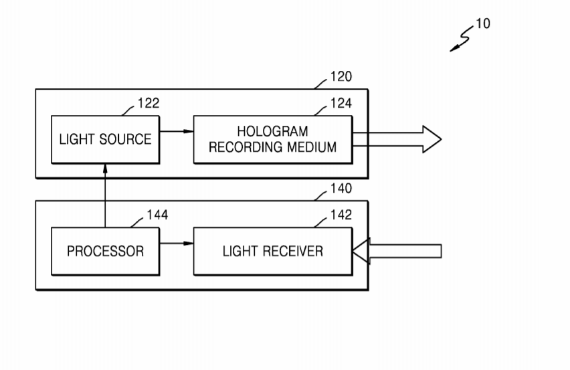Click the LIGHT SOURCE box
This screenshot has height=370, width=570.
(x=105, y=139)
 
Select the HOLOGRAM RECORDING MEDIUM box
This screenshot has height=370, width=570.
(x=272, y=139)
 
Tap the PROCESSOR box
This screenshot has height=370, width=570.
(x=105, y=251)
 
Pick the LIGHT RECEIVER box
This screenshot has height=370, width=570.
(x=272, y=251)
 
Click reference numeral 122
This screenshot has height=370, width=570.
(x=149, y=104)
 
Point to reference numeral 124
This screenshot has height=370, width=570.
(x=341, y=104)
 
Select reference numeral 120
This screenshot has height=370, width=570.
(x=341, y=77)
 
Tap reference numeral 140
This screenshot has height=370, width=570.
(x=341, y=189)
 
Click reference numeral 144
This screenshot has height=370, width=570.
(x=157, y=215)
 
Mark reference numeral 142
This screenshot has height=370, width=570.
(x=341, y=215)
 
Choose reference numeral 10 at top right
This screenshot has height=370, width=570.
(x=482, y=24)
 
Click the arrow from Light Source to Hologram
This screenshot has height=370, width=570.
(x=176, y=132)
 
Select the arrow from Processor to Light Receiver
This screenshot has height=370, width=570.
(x=176, y=244)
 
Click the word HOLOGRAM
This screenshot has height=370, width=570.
(x=272, y=132)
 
